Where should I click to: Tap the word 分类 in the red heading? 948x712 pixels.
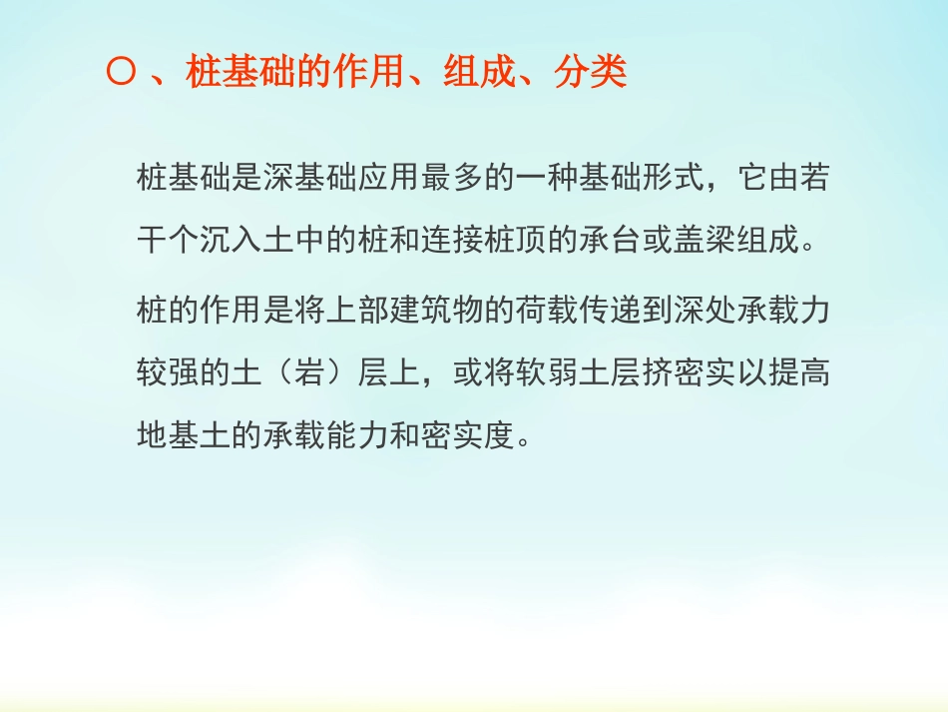[591, 74]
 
